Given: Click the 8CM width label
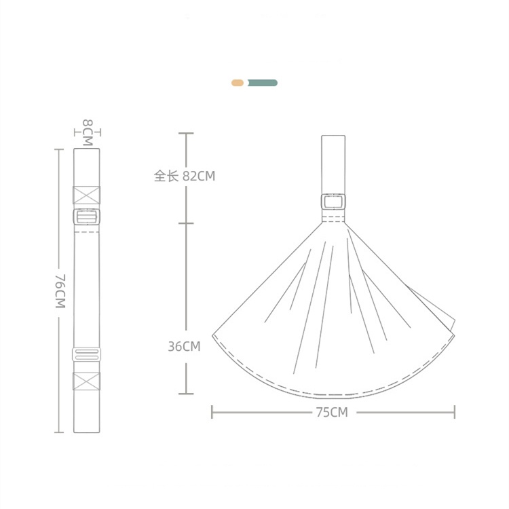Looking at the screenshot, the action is [x=88, y=133].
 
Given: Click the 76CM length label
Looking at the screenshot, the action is [x=60, y=291].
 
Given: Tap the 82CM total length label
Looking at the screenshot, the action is [x=199, y=176].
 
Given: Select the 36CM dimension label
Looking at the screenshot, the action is [x=184, y=346].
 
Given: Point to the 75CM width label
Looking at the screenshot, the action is [x=332, y=412].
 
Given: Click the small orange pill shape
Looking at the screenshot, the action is [x=238, y=83].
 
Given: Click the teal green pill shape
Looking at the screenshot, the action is [x=262, y=83].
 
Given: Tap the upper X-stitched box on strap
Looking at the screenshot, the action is [x=87, y=195].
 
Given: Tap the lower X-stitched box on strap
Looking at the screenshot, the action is [x=87, y=381].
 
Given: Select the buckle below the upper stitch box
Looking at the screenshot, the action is [x=87, y=216].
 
